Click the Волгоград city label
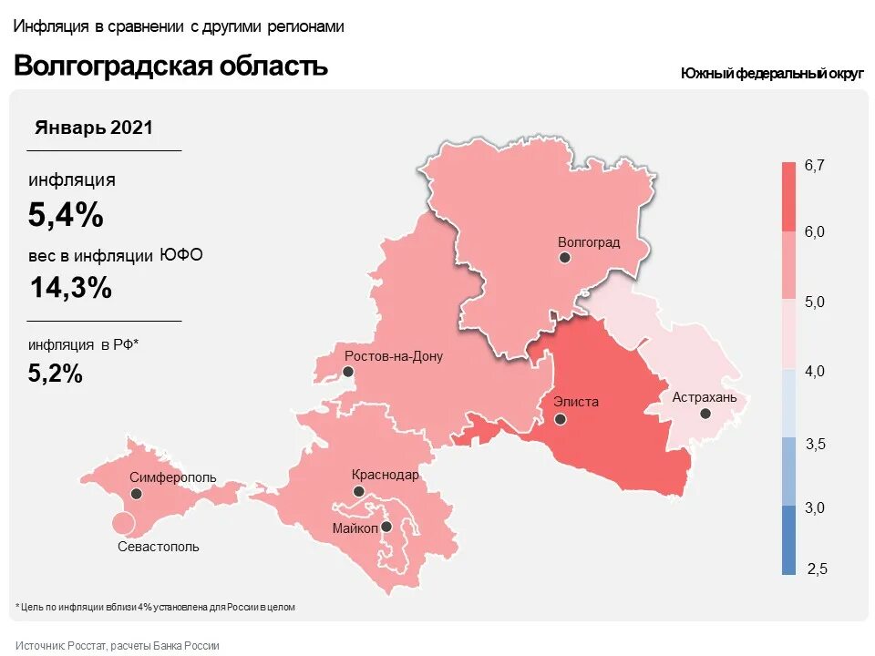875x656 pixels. [588, 242]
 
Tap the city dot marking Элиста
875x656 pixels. [561, 420]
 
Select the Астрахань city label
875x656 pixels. [705, 397]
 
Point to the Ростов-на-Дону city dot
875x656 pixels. [347, 372]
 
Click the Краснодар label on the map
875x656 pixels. [386, 475]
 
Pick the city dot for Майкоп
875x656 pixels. [386, 527]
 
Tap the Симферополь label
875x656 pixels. [173, 477]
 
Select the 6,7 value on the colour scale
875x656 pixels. [814, 165]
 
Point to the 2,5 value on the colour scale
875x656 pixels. [817, 569]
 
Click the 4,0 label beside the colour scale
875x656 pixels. [814, 371]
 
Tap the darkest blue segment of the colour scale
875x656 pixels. [788, 540]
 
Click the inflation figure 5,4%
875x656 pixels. [66, 215]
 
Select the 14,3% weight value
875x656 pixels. [70, 288]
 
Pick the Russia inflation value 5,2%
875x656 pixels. [56, 372]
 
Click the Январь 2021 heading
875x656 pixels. [94, 128]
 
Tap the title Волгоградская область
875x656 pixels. [170, 67]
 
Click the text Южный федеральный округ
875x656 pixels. [771, 74]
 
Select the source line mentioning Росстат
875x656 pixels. [118, 645]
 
